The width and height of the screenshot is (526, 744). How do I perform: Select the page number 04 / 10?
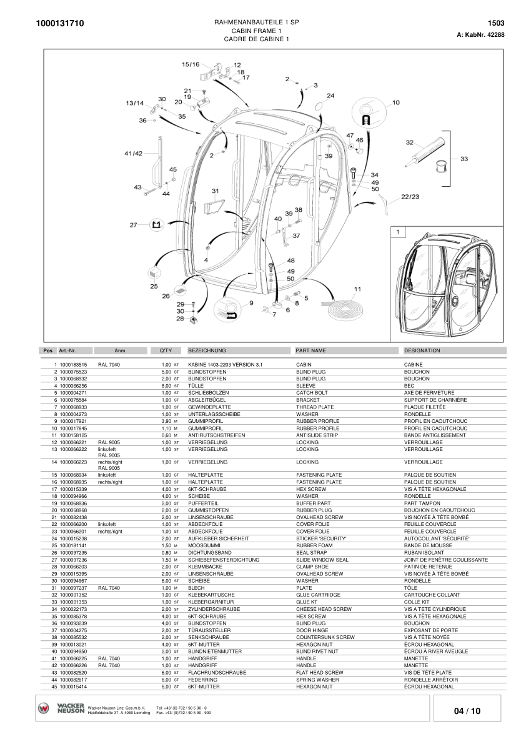click(x=467, y=711)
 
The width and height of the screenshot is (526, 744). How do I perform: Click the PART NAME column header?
click(x=311, y=350)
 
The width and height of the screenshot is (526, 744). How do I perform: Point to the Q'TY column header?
click(x=166, y=350)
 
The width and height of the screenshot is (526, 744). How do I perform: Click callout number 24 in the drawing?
click(x=330, y=96)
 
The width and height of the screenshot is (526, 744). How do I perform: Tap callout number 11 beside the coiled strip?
click(x=357, y=289)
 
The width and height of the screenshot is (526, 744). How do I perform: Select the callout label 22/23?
click(x=410, y=196)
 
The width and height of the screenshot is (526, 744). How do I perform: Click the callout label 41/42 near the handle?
click(x=133, y=153)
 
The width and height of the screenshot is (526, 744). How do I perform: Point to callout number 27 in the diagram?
click(x=133, y=225)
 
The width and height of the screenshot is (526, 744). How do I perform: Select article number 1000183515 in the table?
click(x=73, y=364)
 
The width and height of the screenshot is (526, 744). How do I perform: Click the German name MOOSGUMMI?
click(x=202, y=545)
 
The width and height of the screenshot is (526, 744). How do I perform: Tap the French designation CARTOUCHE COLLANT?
click(x=430, y=595)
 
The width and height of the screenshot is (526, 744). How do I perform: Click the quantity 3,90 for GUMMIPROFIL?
click(x=166, y=421)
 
